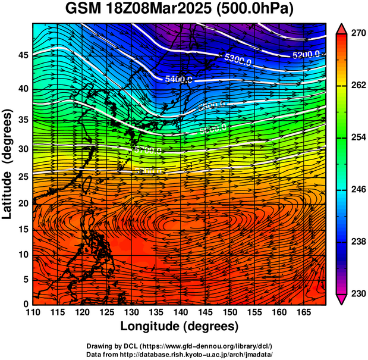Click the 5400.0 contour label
pyautogui.click(x=178, y=79)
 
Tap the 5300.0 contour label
pyautogui.click(x=238, y=59)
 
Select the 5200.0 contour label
pyautogui.click(x=306, y=55)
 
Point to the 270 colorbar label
pyautogui.click(x=358, y=34)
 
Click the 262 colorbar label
pyautogui.click(x=358, y=86)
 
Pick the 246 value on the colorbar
pyautogui.click(x=358, y=190)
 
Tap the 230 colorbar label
pyautogui.click(x=358, y=294)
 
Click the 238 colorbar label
pyautogui.click(x=358, y=242)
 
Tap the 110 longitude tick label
pyautogui.click(x=33, y=312)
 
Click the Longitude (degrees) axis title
pyautogui.click(x=180, y=326)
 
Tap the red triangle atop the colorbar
pyautogui.click(x=342, y=29)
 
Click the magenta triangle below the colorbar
pyautogui.click(x=342, y=299)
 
